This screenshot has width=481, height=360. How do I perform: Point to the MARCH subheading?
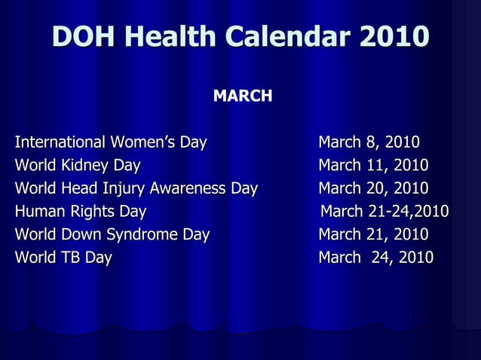[242, 96]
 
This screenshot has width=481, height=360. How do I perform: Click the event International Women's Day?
[111, 142]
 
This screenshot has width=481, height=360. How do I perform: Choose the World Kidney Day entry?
[78, 166]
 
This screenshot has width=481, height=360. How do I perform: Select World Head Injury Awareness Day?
[136, 188]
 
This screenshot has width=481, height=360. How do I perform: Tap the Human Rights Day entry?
[81, 211]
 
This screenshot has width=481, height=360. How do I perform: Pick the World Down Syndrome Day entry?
[112, 234]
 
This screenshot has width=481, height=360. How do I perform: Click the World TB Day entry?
[63, 258]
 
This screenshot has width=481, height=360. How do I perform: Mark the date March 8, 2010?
[369, 142]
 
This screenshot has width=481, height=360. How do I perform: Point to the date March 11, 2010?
[373, 166]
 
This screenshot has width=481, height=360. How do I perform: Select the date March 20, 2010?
[373, 188]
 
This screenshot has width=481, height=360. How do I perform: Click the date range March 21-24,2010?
[384, 211]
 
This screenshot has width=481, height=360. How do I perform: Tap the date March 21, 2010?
[373, 234]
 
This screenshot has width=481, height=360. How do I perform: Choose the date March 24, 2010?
[375, 258]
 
